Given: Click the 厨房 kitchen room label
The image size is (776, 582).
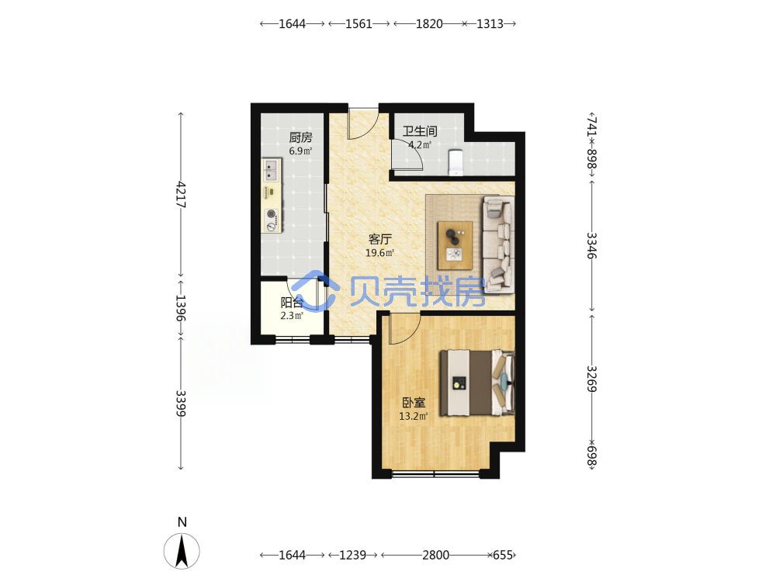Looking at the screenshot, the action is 300,137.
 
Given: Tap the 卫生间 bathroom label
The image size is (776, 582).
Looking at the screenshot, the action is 420,131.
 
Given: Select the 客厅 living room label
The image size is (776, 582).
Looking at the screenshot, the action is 379,239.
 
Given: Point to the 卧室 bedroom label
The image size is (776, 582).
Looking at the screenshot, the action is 414,403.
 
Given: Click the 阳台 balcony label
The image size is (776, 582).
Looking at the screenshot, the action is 292,303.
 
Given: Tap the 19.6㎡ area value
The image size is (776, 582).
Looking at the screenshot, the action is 379,253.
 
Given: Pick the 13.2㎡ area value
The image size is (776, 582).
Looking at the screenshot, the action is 414,416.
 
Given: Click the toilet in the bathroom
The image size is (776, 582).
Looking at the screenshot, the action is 456,162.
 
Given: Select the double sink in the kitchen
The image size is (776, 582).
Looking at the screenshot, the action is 271,171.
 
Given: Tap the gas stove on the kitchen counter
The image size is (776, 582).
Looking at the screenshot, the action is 271,220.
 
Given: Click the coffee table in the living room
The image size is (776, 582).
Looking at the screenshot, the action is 455,245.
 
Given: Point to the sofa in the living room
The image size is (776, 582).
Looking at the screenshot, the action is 498,244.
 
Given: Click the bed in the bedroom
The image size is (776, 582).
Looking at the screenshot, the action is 477,383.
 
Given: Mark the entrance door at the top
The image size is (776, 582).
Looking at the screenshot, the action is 363,123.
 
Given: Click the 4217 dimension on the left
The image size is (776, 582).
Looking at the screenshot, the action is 181,195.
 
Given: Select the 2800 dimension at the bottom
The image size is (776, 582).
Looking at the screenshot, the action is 435,556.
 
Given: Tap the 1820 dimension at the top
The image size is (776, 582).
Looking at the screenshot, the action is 429,24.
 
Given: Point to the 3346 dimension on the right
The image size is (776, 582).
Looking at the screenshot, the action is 592,245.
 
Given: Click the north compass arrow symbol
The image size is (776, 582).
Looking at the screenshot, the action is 182,551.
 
